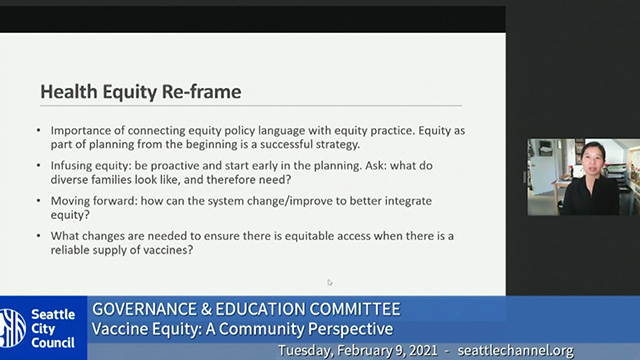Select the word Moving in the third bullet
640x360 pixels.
tap(71, 201)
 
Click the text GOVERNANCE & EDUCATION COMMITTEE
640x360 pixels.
tap(246, 308)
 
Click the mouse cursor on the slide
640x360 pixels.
tap(329, 282)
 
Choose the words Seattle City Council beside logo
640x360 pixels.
tap(56, 327)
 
